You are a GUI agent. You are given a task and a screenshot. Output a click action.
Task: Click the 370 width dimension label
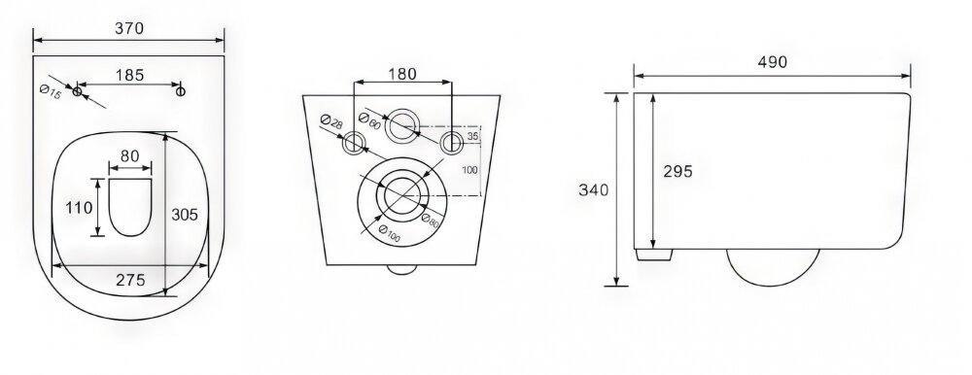[129, 28]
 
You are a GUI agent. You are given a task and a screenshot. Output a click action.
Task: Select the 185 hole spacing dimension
[129, 75]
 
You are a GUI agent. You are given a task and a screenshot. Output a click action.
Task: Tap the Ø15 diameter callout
[51, 93]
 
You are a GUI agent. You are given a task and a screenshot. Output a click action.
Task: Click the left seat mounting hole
[78, 91]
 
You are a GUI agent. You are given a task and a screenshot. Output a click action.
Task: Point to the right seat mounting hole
[181, 91]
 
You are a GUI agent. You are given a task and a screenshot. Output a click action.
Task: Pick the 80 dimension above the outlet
[129, 156]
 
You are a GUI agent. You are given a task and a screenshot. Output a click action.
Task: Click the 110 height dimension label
[80, 208]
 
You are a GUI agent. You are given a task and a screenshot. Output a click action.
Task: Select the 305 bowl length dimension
[185, 215]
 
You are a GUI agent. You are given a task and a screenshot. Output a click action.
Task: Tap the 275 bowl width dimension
[131, 280]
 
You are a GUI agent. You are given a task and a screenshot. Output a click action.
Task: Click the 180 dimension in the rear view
[402, 74]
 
